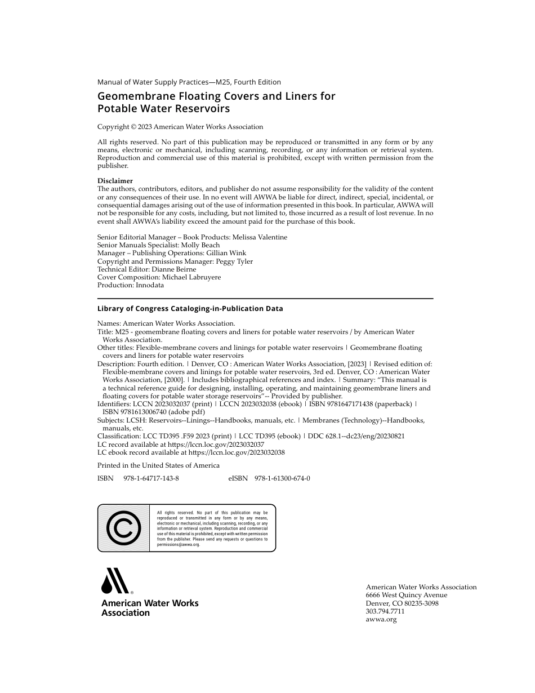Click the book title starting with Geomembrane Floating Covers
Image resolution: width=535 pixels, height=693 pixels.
pos(216,102)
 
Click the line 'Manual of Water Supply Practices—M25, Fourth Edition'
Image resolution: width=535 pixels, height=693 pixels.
pos(189,82)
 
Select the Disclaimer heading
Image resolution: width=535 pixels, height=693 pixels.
pos(115,181)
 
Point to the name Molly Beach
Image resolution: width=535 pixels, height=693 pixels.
pos(200,245)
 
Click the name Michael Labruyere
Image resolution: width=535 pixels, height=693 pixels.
pos(191,277)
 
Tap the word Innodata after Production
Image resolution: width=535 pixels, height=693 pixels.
pos(150,285)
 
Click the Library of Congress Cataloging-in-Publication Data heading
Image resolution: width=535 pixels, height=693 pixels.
pos(190,309)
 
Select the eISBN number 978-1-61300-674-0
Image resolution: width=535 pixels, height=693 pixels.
pos(282,478)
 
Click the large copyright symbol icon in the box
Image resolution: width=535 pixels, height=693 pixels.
pos(123,528)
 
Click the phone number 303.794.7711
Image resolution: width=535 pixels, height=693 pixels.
pos(385,611)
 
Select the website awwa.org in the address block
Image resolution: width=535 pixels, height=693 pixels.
pos(381,619)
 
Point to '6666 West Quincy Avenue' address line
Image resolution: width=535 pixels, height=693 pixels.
pos(407,595)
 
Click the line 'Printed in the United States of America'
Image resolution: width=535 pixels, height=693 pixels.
pos(158,465)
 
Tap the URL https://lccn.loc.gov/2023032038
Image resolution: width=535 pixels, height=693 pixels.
pos(237,452)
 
